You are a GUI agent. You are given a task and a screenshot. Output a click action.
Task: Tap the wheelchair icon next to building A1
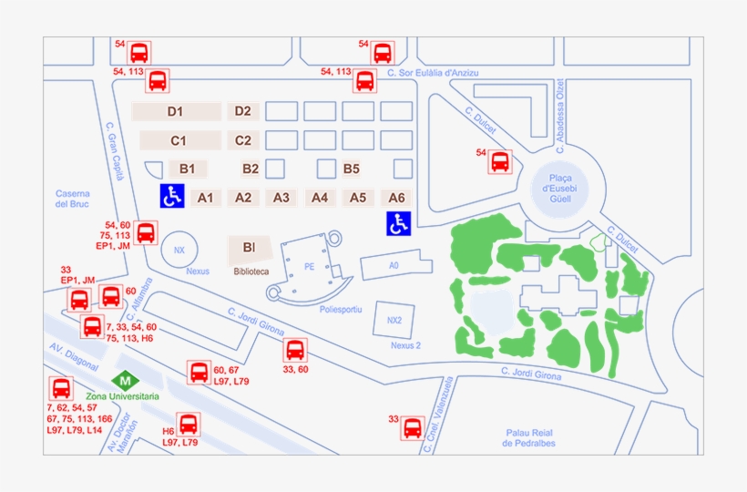coord(172,195)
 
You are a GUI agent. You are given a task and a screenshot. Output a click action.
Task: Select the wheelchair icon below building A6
coord(399,223)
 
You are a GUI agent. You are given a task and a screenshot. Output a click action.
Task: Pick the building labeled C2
coord(243,140)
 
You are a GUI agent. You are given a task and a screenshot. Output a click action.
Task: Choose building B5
coord(352,169)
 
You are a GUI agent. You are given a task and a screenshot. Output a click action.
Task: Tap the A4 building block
coord(320,198)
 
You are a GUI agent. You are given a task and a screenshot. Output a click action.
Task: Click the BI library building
coord(248,248)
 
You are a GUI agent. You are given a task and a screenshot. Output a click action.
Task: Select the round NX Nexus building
coord(179,250)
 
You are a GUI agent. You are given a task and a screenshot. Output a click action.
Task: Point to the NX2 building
coord(394,321)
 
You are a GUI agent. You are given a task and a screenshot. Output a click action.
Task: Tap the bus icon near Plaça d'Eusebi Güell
coord(500,162)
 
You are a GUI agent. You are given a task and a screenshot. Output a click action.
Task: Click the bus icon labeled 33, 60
coord(294,350)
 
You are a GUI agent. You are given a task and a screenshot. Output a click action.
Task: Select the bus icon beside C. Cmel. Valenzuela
coord(413,427)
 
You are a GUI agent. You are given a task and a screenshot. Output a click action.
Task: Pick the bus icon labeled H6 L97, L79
coord(189,424)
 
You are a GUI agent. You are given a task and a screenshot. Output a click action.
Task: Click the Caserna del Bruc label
coord(73,199)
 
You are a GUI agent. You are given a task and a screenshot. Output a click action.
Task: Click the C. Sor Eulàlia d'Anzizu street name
coord(432,73)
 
